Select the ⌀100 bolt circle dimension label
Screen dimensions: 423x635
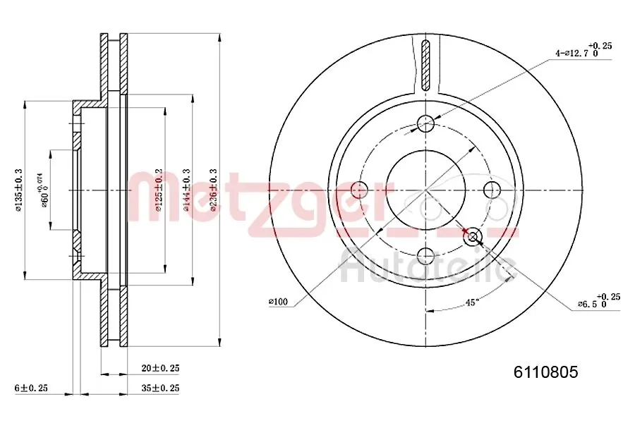click(x=279, y=302)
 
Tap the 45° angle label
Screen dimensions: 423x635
click(x=471, y=302)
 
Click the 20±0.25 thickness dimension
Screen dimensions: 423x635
click(x=161, y=368)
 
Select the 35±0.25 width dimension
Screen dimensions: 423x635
click(x=161, y=388)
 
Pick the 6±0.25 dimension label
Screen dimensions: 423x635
click(x=32, y=388)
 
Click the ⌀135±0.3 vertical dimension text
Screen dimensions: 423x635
click(x=19, y=190)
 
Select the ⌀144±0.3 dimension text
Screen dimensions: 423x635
click(x=186, y=190)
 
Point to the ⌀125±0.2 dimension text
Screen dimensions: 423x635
click(x=159, y=190)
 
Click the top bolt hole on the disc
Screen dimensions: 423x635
click(x=425, y=124)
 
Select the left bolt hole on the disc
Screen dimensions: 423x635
click(x=360, y=189)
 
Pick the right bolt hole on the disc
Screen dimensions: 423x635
click(x=491, y=189)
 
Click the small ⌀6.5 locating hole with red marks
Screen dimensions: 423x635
click(x=472, y=236)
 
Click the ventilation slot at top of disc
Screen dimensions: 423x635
click(x=425, y=65)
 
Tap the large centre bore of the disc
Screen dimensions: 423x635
click(x=425, y=189)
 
